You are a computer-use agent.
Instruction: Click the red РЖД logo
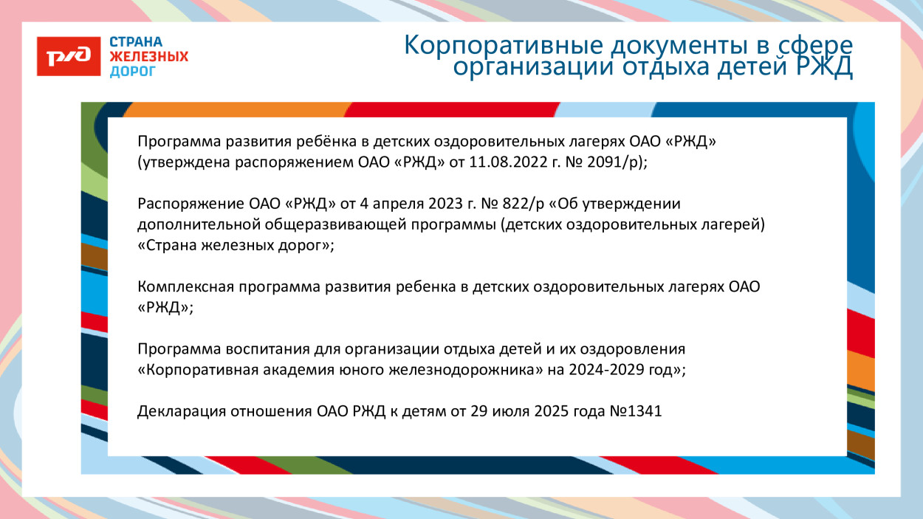pos(69,56)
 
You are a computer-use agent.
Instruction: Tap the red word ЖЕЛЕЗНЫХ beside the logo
pos(148,57)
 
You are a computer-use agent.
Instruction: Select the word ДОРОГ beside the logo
pos(133,72)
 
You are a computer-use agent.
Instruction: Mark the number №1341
pos(637,411)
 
